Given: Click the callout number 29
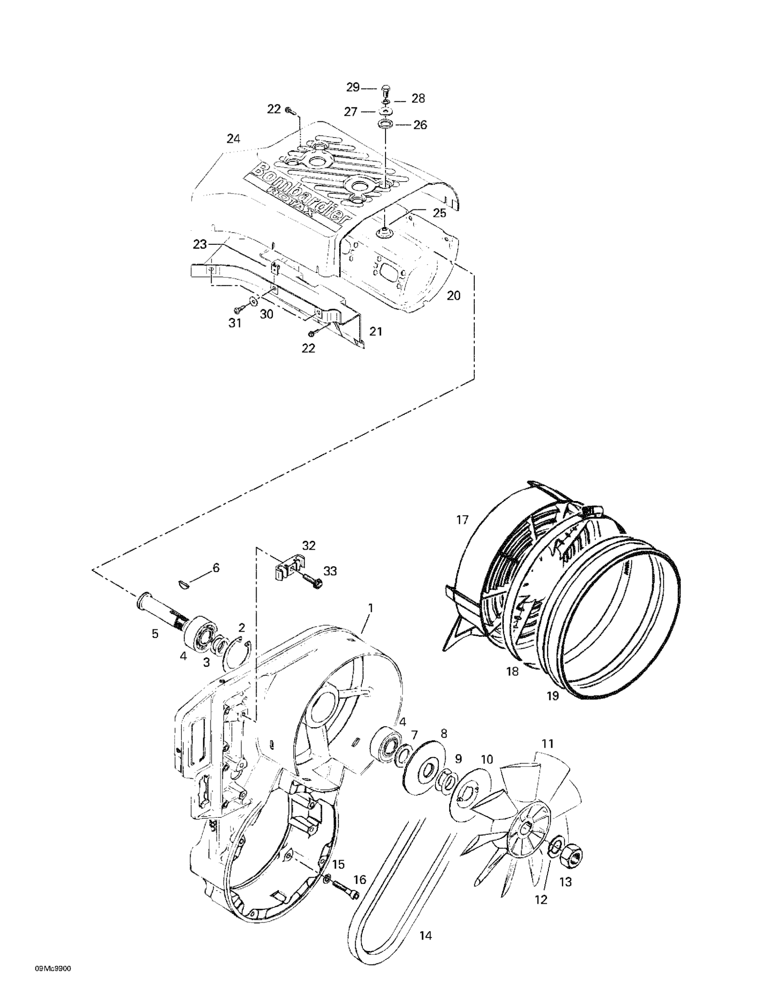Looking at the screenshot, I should pos(352,87).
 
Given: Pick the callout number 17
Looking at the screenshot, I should pos(462,520).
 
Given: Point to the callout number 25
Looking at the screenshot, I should pos(440,213).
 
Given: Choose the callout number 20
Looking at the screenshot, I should pos(453,295).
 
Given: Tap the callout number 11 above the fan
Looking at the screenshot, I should pos(547,743).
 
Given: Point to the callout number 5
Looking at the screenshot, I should pos(155,634).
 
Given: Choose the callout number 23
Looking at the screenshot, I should pos(200,244).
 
